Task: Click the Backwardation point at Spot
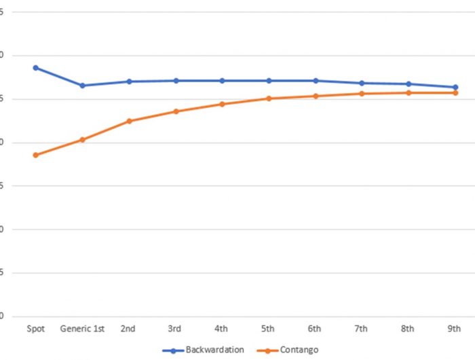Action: pos(35,68)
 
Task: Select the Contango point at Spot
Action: pos(35,155)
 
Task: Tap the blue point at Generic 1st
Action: pos(82,86)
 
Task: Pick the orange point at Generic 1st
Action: pos(82,140)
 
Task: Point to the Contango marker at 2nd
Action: pos(129,121)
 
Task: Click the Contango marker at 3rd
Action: pos(176,111)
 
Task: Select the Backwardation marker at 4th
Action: pos(222,81)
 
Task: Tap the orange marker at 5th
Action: pos(269,98)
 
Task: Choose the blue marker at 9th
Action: pos(455,87)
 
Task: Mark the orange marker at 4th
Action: pos(222,104)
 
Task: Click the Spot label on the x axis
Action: pos(35,329)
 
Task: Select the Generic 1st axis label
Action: pos(82,329)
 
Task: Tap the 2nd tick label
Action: pos(128,329)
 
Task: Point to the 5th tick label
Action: pos(268,329)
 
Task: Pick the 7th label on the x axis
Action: pos(362,329)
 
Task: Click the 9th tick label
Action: pos(455,329)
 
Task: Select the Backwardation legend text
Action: pos(214,350)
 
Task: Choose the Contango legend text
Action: pos(299,350)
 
